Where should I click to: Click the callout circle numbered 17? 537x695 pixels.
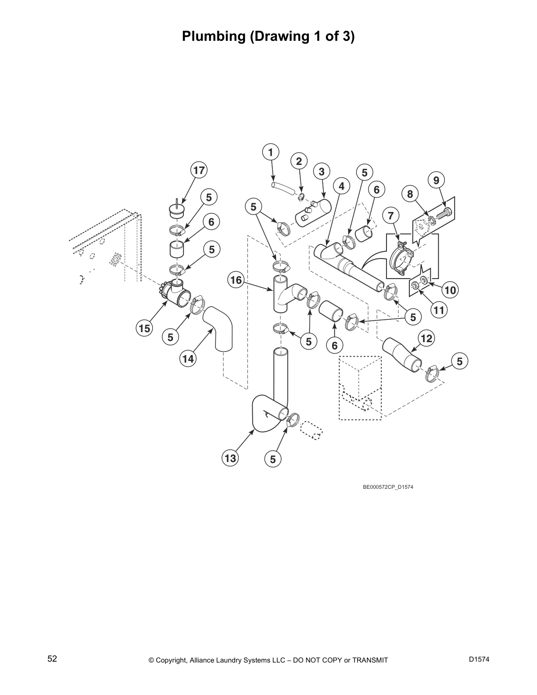click(199, 170)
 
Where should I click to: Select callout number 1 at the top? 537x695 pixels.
click(271, 152)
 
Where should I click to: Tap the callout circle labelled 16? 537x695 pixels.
click(236, 280)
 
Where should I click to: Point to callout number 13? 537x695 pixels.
click(230, 459)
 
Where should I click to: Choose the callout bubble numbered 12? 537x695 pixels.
click(426, 338)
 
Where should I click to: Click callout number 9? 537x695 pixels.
click(436, 180)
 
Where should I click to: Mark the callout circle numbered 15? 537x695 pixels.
click(145, 328)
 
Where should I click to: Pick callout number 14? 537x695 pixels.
click(188, 359)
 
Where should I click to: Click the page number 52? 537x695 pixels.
click(52, 659)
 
